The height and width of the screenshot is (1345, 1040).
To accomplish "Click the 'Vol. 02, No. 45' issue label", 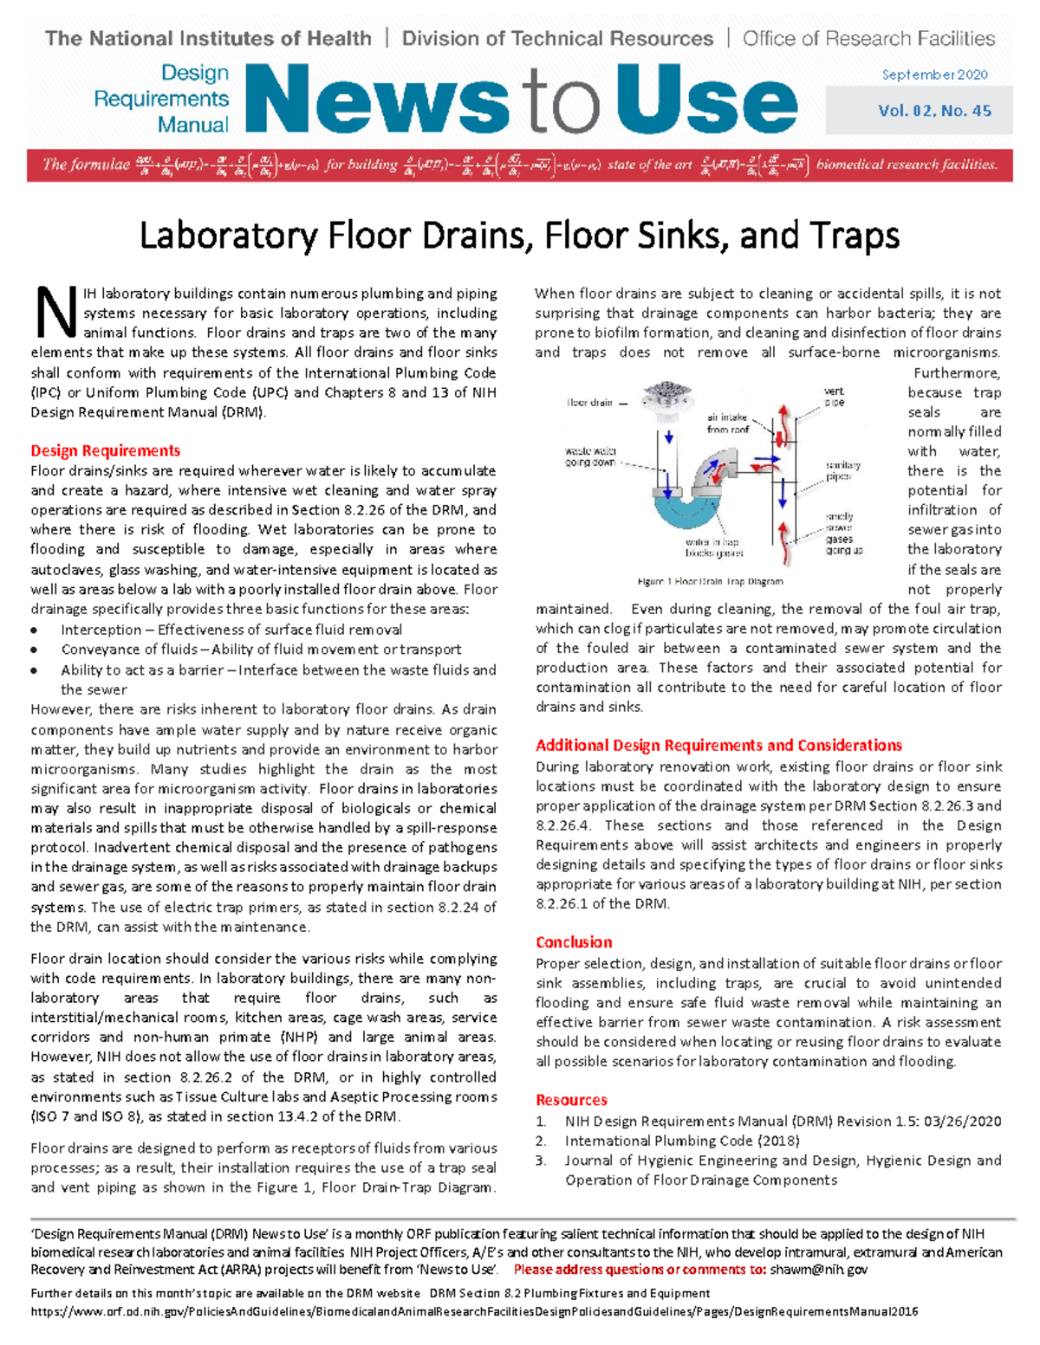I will coord(934,111).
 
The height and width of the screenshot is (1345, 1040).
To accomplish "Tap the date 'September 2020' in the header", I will coord(934,74).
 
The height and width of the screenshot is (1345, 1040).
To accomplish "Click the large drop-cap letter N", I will coord(55,314).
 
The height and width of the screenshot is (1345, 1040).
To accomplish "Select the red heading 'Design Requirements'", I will coord(105,450).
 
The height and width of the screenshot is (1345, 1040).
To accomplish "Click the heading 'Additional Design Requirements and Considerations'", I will coord(718,745).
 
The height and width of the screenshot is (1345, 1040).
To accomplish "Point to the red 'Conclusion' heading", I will coord(574,941).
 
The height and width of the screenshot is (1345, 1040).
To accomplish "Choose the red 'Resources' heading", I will coord(571,1100).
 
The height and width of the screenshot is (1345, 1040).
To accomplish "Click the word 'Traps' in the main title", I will coord(854,235).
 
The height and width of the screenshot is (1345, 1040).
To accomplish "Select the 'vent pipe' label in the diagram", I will coord(834,397).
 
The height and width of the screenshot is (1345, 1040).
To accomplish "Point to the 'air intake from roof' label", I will coord(727,423).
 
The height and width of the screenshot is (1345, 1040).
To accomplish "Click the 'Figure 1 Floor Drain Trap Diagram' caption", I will coord(710,581).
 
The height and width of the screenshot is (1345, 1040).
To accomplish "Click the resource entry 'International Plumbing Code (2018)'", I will coord(682,1141).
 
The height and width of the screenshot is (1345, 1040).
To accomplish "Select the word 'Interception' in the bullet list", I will coord(101,630).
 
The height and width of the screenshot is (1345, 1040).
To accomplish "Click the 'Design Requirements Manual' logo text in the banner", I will coord(161,99).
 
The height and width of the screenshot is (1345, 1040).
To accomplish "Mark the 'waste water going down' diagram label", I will coord(590,456).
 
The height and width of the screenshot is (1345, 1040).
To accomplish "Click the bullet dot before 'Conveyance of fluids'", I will coord(35,650).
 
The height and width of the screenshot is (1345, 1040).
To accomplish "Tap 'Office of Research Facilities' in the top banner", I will coord(868,38).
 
